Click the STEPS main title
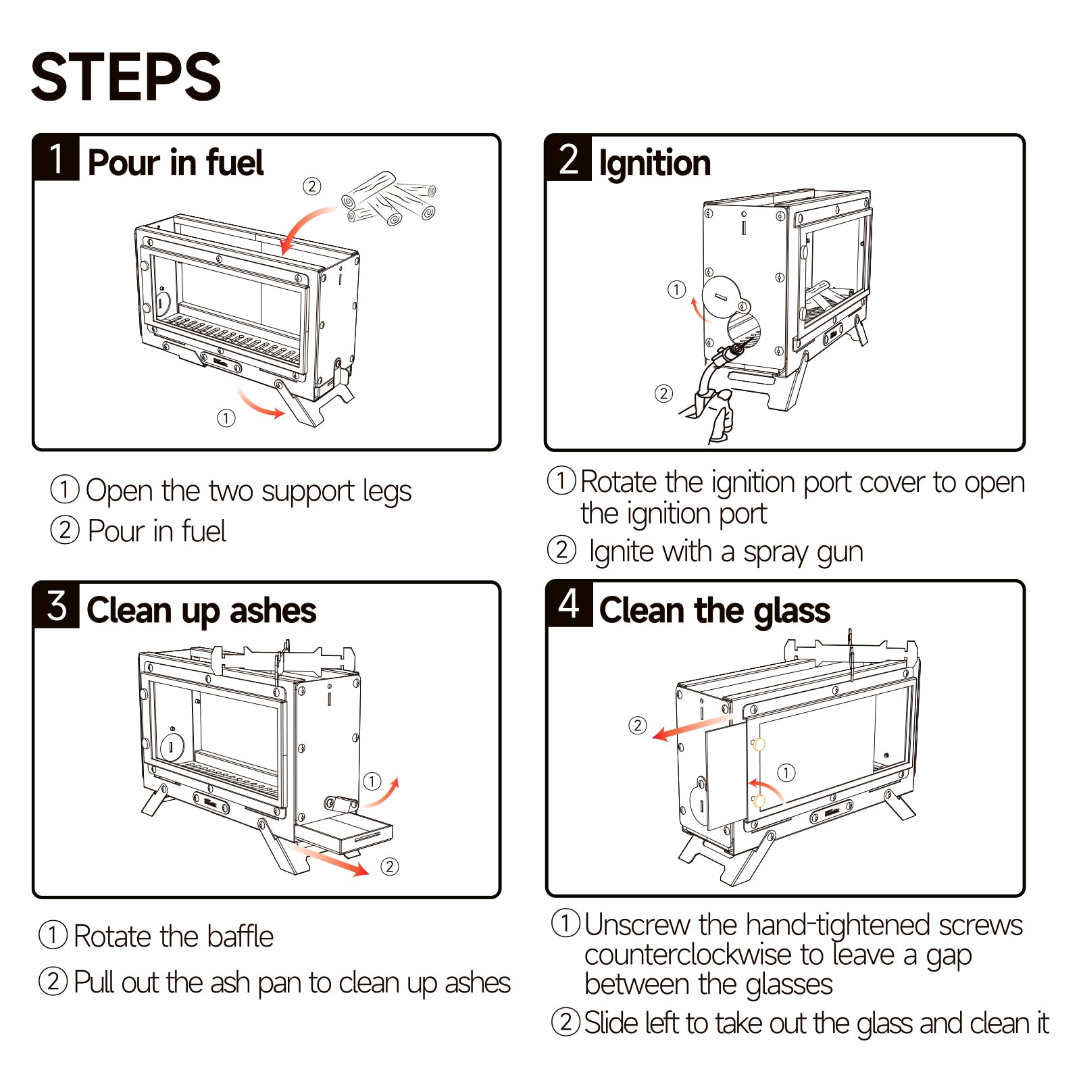click(x=126, y=77)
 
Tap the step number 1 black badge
click(x=57, y=158)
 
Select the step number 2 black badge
click(x=569, y=159)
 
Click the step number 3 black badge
click(x=57, y=605)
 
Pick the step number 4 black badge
click(x=570, y=604)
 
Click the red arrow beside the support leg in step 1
click(x=260, y=404)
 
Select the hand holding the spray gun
click(x=718, y=414)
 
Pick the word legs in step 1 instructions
click(x=386, y=492)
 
